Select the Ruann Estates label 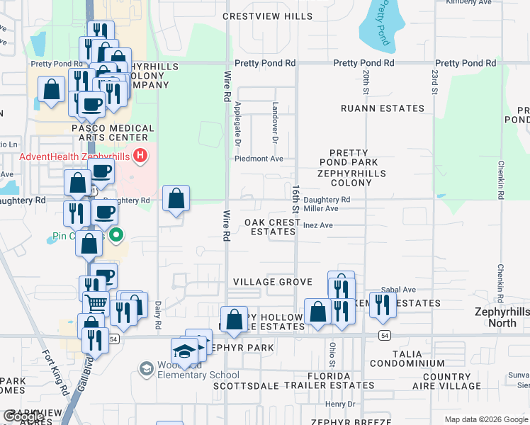pos(382,108)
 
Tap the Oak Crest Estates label pos(273,227)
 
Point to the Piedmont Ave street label pos(259,159)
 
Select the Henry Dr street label pos(339,404)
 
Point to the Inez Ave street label pos(317,226)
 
